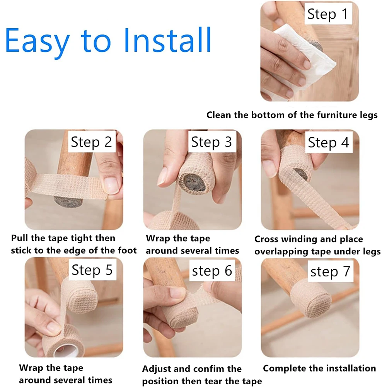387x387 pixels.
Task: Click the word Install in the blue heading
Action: click(x=167, y=40)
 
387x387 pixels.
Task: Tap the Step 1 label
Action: click(x=328, y=14)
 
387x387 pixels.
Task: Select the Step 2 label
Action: click(x=91, y=142)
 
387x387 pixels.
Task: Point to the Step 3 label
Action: click(x=211, y=142)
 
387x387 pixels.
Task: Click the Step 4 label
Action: click(x=328, y=142)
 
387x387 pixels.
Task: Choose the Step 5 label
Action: click(x=92, y=270)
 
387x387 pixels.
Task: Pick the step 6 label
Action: click(x=212, y=271)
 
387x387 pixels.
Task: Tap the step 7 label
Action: click(x=330, y=271)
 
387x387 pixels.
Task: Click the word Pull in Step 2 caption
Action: click(x=20, y=238)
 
